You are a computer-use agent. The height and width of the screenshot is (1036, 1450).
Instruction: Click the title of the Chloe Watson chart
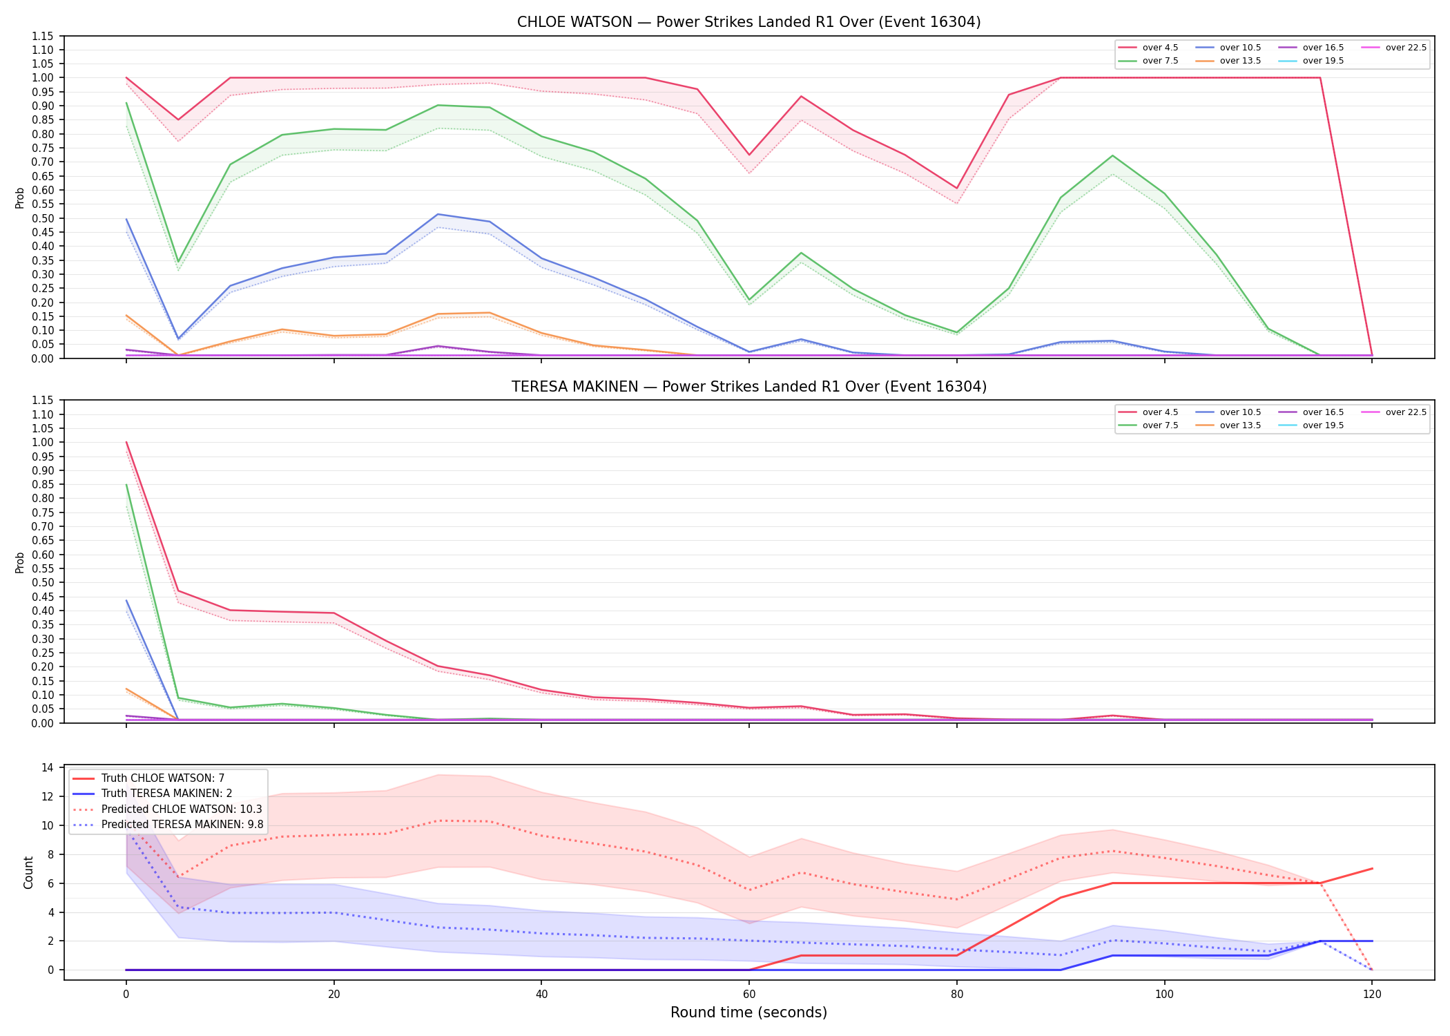click(x=748, y=22)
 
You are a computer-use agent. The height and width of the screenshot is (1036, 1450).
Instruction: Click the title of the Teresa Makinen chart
click(x=748, y=387)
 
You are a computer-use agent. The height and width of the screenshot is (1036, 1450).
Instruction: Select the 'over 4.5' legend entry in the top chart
click(x=1148, y=48)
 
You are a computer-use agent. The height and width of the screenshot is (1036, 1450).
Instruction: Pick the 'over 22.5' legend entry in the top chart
click(x=1394, y=48)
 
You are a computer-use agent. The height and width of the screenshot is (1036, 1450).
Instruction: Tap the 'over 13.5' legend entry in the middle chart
click(x=1228, y=425)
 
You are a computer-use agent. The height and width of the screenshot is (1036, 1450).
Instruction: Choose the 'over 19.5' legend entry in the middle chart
click(x=1311, y=425)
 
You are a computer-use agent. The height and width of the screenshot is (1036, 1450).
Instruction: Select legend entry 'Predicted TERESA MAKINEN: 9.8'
click(x=168, y=825)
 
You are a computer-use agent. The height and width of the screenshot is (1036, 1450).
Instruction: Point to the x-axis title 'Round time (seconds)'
click(x=748, y=1013)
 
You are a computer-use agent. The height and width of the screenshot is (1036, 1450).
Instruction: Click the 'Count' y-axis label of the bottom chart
click(x=28, y=872)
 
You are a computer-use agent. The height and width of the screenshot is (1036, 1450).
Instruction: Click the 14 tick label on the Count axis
click(x=48, y=767)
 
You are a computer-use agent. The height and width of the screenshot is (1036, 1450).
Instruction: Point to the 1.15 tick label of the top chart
click(x=42, y=36)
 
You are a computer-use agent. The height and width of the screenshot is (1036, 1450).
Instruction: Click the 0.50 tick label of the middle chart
click(x=42, y=582)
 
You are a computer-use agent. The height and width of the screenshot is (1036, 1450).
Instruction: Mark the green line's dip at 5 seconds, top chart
click(x=178, y=262)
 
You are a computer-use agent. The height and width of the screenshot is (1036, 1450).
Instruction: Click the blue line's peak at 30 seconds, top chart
click(x=438, y=214)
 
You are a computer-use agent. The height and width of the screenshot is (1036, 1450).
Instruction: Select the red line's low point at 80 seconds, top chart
click(x=957, y=189)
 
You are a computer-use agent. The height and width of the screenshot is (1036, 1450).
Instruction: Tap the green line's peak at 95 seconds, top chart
click(x=1112, y=155)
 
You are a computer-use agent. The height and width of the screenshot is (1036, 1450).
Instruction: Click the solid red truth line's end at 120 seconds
click(x=1372, y=868)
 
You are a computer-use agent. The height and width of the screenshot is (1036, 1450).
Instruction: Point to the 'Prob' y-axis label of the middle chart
click(x=20, y=562)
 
